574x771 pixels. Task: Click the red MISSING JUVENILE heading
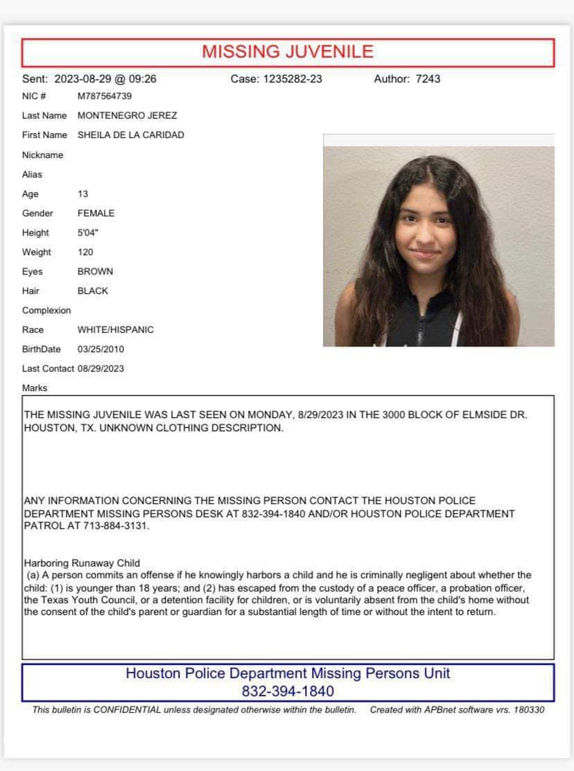click(288, 52)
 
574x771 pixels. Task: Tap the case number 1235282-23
click(293, 79)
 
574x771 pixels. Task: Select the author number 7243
click(428, 79)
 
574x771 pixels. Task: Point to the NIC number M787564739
click(105, 96)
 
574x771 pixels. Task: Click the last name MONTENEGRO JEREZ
click(127, 116)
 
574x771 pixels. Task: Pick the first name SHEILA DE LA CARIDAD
click(131, 135)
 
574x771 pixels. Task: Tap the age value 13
click(83, 194)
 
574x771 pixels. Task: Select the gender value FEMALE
click(96, 214)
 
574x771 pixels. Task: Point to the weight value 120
click(85, 252)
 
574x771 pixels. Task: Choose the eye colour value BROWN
click(95, 272)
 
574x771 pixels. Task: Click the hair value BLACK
click(93, 291)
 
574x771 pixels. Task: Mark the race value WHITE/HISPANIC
click(116, 330)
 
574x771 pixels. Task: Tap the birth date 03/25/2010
click(101, 349)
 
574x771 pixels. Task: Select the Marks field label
click(35, 388)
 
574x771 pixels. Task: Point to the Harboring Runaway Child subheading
click(82, 564)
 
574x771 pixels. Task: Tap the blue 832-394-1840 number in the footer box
click(288, 691)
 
